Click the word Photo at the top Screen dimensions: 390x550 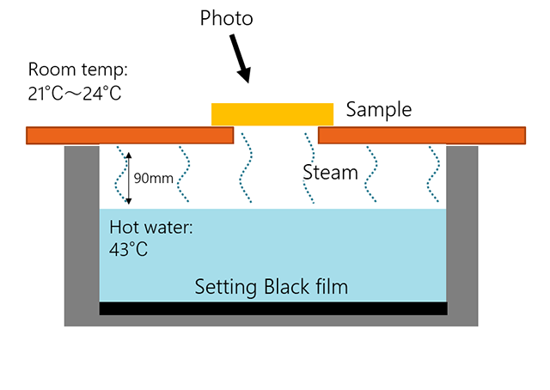point(228,17)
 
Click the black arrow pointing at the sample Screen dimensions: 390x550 point(240,61)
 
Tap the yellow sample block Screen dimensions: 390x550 point(272,113)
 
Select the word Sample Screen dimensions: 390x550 point(379,110)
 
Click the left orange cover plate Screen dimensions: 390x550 point(130,136)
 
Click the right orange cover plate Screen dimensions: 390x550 point(421,136)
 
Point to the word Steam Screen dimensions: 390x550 point(330,173)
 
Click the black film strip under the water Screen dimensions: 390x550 point(272,308)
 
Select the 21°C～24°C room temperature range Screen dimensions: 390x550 point(75,93)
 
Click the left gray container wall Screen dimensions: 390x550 point(82,232)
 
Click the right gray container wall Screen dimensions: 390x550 point(462,232)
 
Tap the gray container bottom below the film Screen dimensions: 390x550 point(272,320)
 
